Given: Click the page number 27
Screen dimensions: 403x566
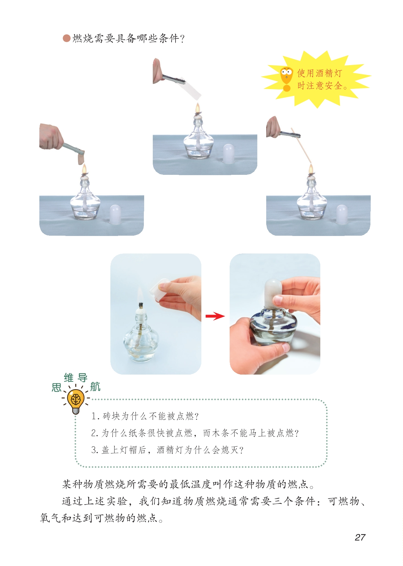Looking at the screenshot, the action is [x=360, y=537].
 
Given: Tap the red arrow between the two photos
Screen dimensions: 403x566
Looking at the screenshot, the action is [x=215, y=316].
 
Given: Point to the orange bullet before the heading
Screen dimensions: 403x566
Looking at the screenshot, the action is [x=66, y=38].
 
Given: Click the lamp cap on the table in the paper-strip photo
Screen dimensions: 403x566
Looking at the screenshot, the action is [x=228, y=154].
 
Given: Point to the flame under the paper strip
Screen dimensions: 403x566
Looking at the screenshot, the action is [x=198, y=108].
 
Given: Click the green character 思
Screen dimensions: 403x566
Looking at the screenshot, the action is [x=57, y=387].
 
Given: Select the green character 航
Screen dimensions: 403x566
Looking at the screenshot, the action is [x=95, y=387].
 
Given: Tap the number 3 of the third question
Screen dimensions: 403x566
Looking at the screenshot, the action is [x=94, y=450].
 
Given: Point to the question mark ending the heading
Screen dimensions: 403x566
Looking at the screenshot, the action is [x=182, y=39].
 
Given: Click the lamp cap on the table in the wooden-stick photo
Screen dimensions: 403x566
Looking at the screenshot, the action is [x=342, y=214].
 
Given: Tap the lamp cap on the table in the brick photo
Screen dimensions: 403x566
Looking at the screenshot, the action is [x=115, y=214].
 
